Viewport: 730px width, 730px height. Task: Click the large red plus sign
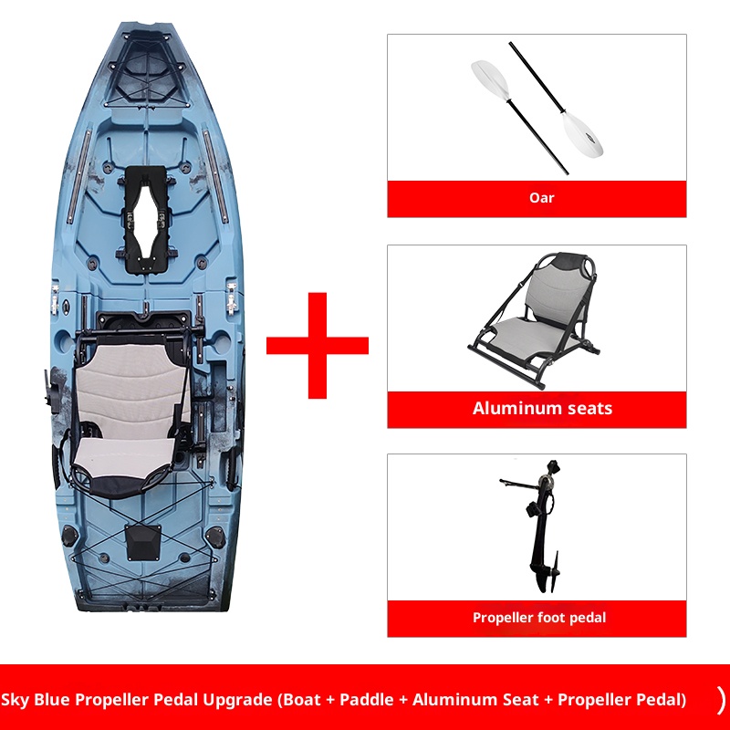pos(317,345)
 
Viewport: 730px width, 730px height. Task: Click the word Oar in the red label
pos(541,197)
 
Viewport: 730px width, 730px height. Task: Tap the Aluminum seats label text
pos(542,408)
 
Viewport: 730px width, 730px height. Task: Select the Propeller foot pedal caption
pos(538,618)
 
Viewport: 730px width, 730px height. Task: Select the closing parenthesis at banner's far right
pos(721,700)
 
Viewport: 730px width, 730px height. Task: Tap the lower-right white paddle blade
pos(581,133)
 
